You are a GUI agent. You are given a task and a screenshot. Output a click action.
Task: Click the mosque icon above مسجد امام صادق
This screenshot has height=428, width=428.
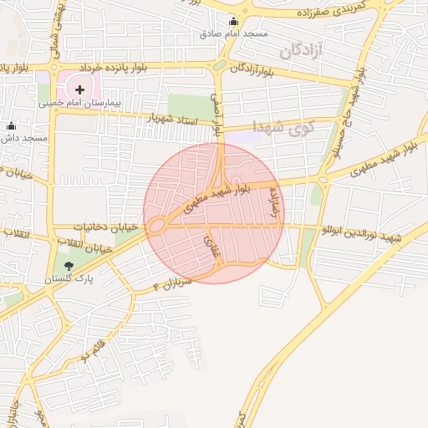tap(232, 22)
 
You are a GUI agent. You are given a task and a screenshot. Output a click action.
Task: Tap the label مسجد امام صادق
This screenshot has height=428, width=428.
tap(232, 35)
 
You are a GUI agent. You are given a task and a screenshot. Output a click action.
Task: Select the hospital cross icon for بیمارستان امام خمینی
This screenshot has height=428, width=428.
tap(79, 88)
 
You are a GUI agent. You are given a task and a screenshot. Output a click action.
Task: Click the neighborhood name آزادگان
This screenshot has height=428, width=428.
tap(303, 52)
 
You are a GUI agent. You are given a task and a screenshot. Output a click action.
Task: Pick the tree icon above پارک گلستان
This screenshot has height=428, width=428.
tap(57, 266)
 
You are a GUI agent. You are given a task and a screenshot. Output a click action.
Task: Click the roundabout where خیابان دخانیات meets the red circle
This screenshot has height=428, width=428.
tap(156, 225)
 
